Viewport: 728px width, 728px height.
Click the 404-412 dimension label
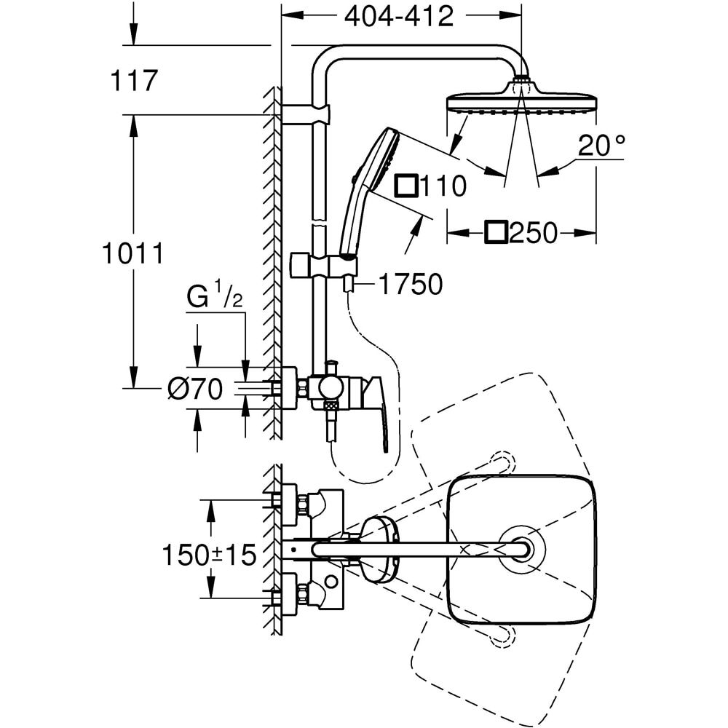[399, 16]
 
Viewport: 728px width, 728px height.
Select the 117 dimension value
[134, 81]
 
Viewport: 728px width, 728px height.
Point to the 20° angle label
[601, 147]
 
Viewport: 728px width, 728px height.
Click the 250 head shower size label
[533, 234]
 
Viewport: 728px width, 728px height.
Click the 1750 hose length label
[410, 285]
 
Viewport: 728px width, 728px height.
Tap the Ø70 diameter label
[194, 390]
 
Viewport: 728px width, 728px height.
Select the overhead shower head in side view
[521, 102]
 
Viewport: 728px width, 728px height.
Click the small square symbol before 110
[405, 186]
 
